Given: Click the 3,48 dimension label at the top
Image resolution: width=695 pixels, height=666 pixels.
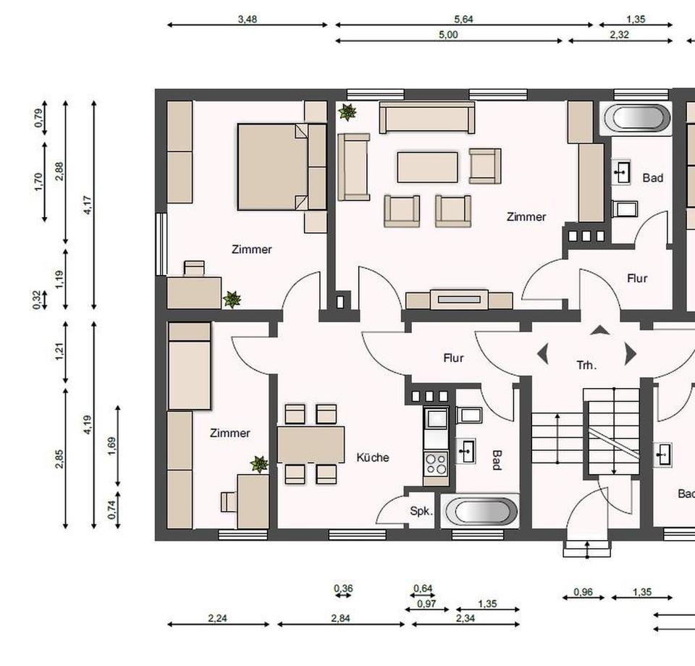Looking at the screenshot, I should [x=248, y=20].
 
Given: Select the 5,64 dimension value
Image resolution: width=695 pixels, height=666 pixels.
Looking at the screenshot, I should [x=463, y=20].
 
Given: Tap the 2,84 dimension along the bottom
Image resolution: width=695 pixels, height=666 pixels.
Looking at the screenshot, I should [x=341, y=618].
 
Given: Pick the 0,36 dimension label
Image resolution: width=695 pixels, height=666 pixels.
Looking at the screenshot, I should [x=343, y=589].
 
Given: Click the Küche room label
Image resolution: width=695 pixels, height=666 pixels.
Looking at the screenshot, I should [x=373, y=458].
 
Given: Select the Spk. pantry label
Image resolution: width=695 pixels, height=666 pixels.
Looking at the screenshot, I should [x=421, y=511].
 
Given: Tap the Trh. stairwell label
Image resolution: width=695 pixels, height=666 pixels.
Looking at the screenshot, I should [x=586, y=366].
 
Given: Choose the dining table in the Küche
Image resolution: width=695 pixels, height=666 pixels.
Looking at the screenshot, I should [x=311, y=444].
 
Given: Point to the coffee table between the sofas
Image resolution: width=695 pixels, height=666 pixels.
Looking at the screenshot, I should [x=427, y=167].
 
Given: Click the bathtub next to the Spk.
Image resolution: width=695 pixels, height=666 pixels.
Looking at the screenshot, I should [x=481, y=511].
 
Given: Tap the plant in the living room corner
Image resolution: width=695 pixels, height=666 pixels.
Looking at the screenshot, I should [x=347, y=111].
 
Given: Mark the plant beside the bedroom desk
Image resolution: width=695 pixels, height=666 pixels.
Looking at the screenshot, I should [x=232, y=299].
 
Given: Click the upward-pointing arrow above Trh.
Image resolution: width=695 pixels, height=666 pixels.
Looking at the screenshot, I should [x=599, y=331].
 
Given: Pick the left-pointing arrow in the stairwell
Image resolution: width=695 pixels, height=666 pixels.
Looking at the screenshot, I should [x=542, y=354].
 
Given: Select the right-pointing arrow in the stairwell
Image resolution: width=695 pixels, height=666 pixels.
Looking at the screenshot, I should [x=630, y=354].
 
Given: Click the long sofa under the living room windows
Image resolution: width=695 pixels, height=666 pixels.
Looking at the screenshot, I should [x=427, y=117].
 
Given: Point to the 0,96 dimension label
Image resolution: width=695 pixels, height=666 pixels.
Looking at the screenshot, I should [x=583, y=592].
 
